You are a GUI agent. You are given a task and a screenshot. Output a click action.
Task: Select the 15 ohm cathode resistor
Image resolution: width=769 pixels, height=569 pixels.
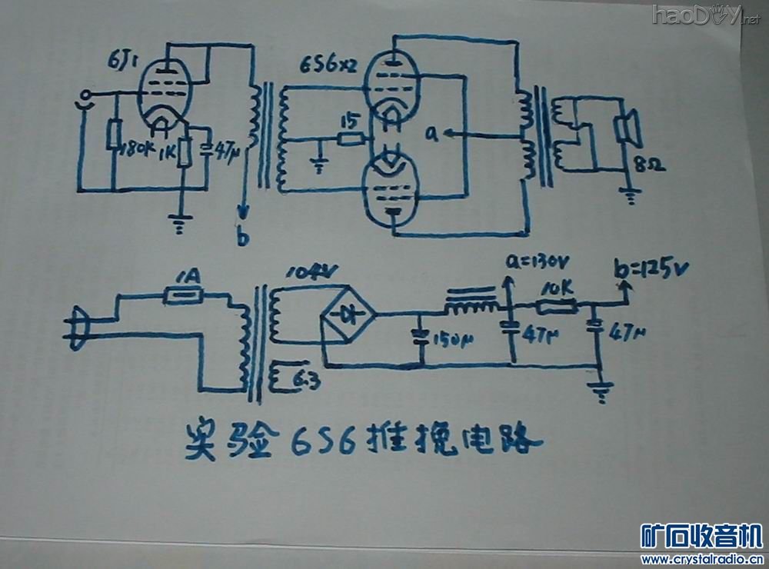click(x=351, y=138)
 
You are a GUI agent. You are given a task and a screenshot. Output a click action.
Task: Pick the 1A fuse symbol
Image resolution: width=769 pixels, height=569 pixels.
click(x=184, y=294)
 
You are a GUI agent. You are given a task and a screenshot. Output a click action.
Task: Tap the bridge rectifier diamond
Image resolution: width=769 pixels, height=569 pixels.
click(x=348, y=314)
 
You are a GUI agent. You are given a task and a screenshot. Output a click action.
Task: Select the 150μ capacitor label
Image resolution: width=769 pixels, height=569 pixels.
click(x=446, y=341)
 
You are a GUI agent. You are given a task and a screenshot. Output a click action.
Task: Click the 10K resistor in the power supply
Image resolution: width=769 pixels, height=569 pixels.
click(x=556, y=308)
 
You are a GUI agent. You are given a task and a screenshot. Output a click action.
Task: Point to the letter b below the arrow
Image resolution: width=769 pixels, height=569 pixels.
click(x=243, y=239)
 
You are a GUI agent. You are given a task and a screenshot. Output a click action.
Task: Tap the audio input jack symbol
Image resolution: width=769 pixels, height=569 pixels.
click(x=85, y=96)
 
